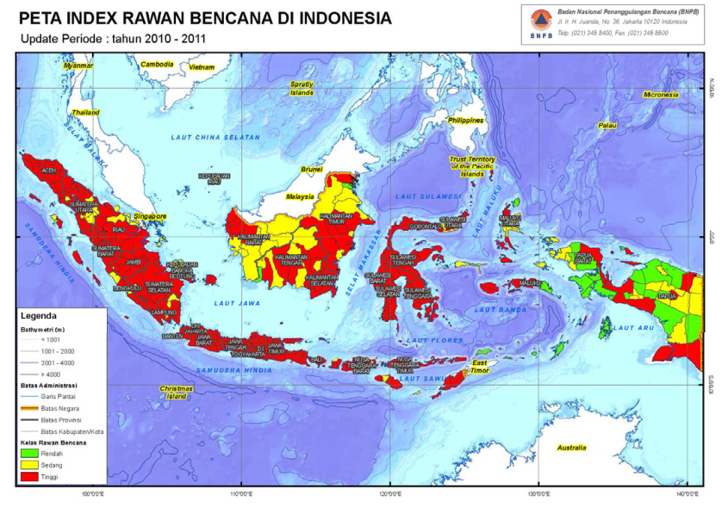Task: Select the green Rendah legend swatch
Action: pos(28,452)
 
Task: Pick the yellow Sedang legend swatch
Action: pos(28,464)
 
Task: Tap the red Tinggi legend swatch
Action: pos(28,476)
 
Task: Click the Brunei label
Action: pos(311,170)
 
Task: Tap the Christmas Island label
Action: pos(175,393)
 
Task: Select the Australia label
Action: pos(570,448)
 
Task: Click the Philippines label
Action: pos(466,121)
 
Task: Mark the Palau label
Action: pos(609,126)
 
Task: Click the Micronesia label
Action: pos(661,94)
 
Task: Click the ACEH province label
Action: pos(49,170)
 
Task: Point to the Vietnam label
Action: pos(202,67)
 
